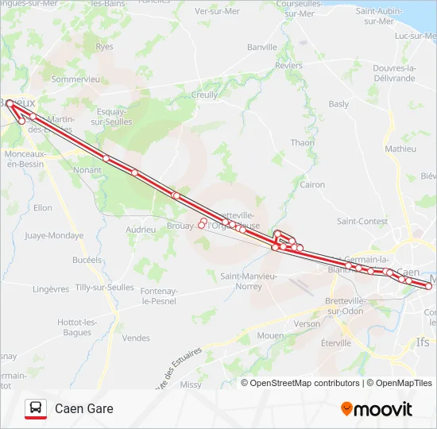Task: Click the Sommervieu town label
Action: point(75,79)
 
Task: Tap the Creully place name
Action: point(205,95)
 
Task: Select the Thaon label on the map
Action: point(303,143)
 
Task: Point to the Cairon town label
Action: point(312,184)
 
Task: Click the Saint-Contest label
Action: point(362,222)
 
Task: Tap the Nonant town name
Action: point(87,170)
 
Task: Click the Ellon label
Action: point(43,208)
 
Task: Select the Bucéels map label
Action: point(87,260)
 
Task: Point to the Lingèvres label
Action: point(54,289)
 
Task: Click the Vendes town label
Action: point(137,338)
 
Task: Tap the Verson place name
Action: point(307,324)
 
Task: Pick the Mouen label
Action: point(270,336)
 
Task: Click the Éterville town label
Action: point(336,343)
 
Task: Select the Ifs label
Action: point(423,342)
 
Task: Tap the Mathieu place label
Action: point(400,149)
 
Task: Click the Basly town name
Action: point(338,104)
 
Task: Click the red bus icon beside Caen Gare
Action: point(36,409)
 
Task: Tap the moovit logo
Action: point(377,409)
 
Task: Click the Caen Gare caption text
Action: point(84,409)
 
